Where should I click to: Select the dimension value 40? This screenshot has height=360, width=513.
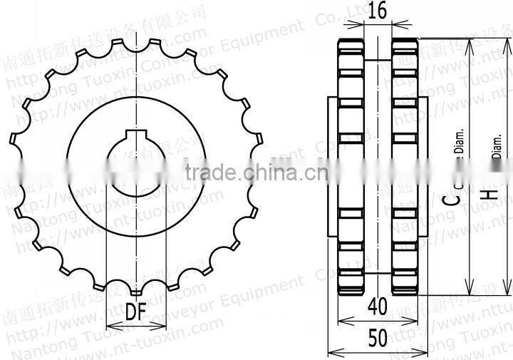pos(377,307)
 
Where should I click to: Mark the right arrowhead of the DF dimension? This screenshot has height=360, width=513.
pos(162,326)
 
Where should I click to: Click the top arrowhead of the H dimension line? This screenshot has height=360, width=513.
pos(506,41)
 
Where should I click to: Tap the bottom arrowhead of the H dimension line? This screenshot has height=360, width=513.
pos(506,293)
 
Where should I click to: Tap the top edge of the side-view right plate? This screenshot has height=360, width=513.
pos(405,41)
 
